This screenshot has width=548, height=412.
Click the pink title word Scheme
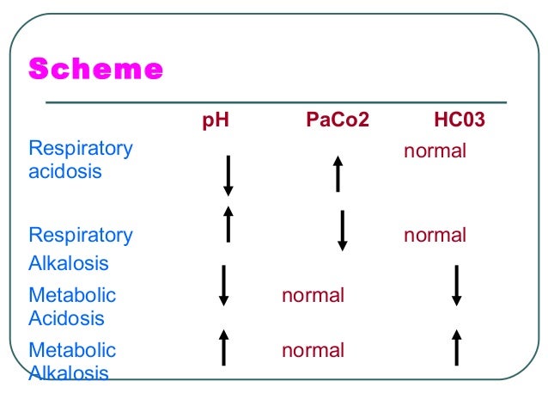point(96,69)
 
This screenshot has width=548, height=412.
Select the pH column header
point(215,120)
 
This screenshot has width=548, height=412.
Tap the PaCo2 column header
point(338,120)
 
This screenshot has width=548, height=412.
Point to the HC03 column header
point(460,120)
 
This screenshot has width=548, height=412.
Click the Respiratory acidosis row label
point(81,160)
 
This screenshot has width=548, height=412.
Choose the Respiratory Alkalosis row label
point(81,249)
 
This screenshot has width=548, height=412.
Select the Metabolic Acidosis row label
point(72,307)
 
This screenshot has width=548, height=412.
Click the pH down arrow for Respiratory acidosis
point(228,175)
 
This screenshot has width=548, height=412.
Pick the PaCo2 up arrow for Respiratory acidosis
point(338,173)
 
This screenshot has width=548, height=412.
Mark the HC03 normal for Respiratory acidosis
point(435,151)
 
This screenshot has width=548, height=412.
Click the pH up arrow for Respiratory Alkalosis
point(228,224)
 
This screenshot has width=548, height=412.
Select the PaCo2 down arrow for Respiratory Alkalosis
point(343,230)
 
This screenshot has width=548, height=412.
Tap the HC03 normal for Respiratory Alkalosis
point(435,236)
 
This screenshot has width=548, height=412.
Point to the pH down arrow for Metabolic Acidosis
point(223,286)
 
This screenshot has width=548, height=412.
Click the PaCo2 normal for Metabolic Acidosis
point(313,296)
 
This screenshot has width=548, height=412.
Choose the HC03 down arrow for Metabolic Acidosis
point(457,286)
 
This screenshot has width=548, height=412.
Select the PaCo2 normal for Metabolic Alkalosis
point(313,351)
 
